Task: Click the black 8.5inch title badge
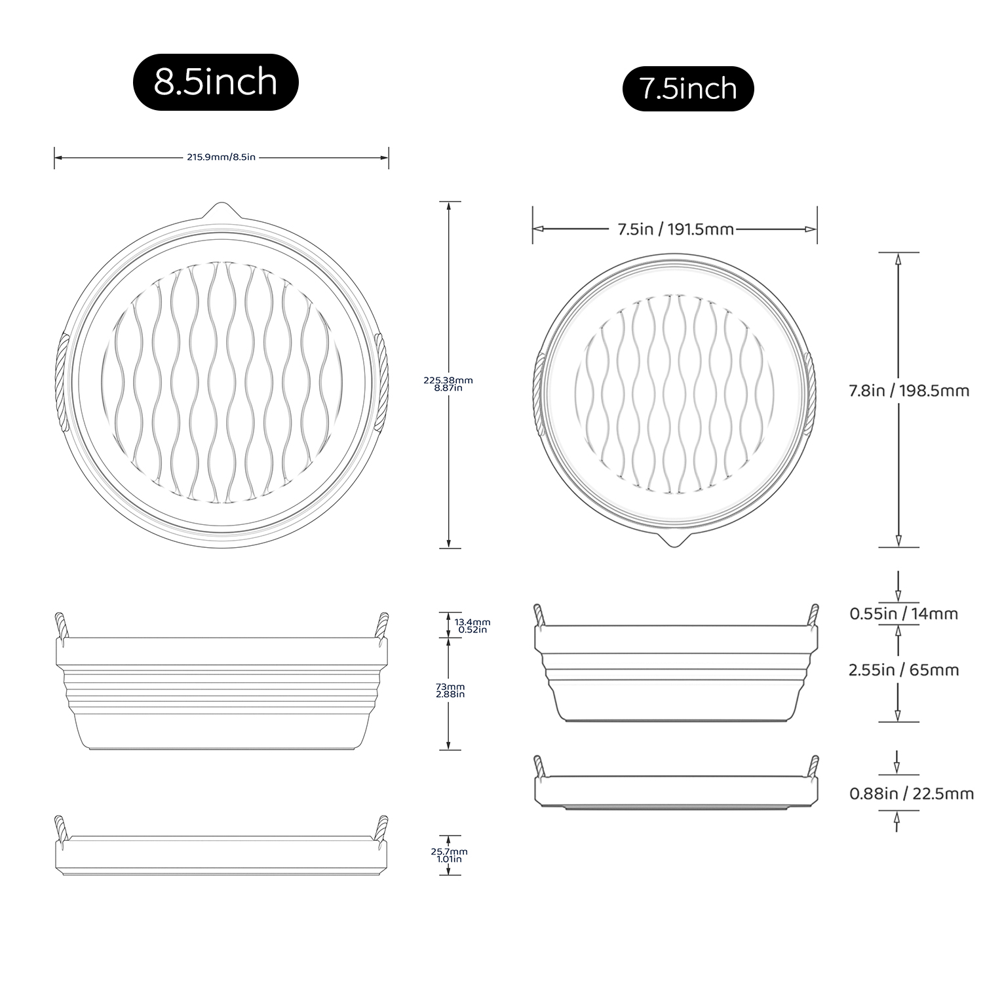click(216, 82)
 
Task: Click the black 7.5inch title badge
click(688, 88)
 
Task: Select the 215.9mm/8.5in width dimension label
click(221, 157)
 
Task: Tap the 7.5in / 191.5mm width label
click(675, 229)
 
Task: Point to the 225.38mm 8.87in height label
click(448, 383)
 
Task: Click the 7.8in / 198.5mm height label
click(909, 391)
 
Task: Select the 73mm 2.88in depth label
click(450, 689)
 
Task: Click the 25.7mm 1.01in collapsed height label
click(449, 855)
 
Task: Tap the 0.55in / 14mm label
click(904, 614)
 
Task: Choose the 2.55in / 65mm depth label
click(904, 670)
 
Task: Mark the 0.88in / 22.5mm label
click(911, 794)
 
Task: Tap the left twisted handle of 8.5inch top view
click(63, 382)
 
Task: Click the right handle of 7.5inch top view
click(809, 393)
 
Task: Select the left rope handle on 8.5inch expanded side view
click(60, 625)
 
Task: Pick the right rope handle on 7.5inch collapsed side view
click(814, 767)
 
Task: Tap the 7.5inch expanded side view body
click(675, 675)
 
